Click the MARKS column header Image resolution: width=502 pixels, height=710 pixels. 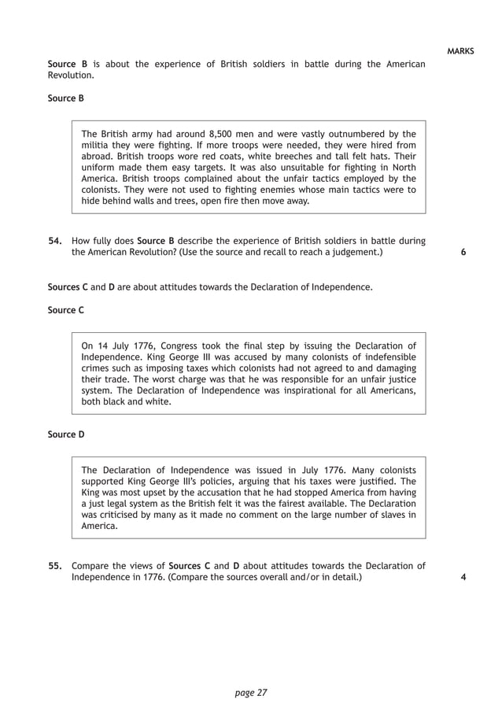click(x=460, y=51)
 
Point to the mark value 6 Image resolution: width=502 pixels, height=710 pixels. click(x=463, y=253)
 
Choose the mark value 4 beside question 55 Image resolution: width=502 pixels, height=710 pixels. click(x=463, y=577)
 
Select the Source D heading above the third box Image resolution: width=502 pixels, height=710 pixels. click(x=65, y=434)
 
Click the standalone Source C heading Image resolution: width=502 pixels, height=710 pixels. click(x=65, y=310)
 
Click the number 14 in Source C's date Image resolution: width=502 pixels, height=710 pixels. click(x=102, y=345)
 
